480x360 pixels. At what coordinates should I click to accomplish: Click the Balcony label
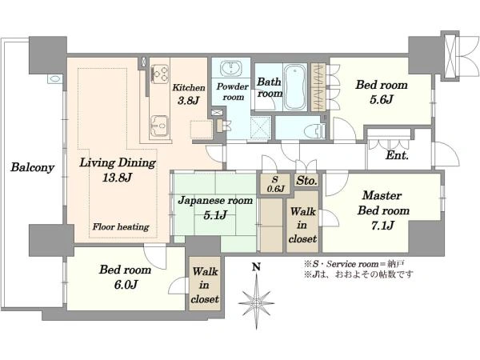click(x=33, y=167)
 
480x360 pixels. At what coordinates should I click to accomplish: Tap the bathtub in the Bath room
click(x=294, y=87)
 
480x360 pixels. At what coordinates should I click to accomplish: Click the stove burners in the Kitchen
click(x=160, y=74)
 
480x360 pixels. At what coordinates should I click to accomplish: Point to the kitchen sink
click(x=159, y=126)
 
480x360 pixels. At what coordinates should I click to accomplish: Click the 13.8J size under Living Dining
click(x=118, y=178)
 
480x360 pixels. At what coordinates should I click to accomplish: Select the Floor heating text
click(x=121, y=227)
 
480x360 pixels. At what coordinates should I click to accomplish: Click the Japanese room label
click(x=215, y=201)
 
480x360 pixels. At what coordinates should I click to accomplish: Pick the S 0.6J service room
click(x=275, y=184)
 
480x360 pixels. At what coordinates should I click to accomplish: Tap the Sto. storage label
click(x=306, y=181)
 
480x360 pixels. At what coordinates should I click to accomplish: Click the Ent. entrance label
click(x=397, y=155)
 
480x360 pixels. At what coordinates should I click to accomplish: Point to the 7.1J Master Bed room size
click(x=382, y=226)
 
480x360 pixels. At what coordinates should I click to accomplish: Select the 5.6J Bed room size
click(x=381, y=99)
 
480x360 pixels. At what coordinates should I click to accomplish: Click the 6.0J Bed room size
click(x=126, y=285)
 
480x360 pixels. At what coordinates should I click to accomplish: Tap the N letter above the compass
click(x=256, y=267)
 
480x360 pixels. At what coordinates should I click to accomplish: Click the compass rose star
click(x=256, y=302)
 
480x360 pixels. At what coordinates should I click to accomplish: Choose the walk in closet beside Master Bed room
click(x=302, y=222)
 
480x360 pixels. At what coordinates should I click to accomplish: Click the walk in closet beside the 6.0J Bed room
click(x=205, y=285)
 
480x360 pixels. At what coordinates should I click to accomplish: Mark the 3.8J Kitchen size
click(x=189, y=101)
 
